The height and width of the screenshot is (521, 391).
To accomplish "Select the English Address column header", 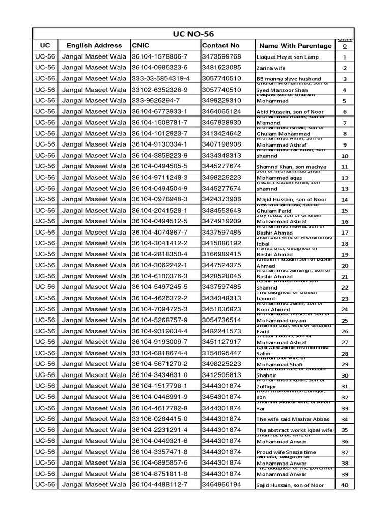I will click(x=94, y=45).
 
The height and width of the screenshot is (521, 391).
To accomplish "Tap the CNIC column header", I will click(x=141, y=45).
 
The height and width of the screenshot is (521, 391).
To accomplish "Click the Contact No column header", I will click(x=220, y=45).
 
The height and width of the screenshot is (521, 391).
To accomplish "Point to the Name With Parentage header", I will click(x=293, y=46).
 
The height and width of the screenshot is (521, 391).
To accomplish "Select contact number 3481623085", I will click(x=221, y=68).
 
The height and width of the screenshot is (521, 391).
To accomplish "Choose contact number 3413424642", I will click(x=221, y=133).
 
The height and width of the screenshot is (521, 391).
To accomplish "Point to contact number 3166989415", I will click(x=221, y=254).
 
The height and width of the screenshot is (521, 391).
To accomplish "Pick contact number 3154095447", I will click(x=221, y=353).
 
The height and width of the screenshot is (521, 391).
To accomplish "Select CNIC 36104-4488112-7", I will click(x=159, y=485).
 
